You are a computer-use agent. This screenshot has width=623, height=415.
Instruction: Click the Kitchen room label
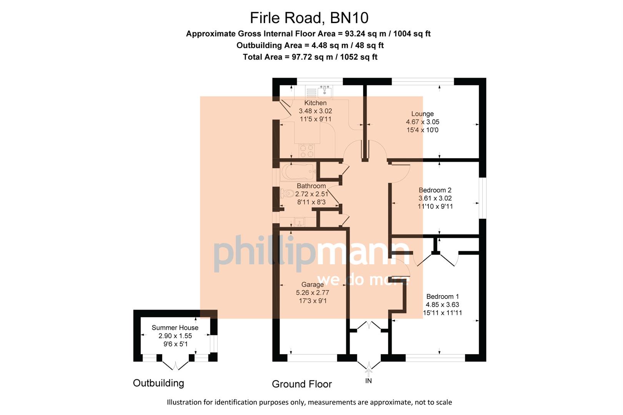(315, 103)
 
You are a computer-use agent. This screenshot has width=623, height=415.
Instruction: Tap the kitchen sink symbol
(325, 92)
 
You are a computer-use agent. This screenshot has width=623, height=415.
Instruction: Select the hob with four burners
(307, 151)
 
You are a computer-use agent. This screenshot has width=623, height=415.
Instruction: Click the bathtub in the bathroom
(298, 172)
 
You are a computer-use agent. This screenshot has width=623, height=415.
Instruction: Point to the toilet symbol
(287, 194)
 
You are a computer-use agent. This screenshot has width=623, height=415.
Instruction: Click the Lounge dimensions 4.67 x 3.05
(422, 122)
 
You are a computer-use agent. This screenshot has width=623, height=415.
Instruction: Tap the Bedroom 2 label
(435, 190)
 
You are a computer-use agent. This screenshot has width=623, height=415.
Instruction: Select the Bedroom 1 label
(442, 297)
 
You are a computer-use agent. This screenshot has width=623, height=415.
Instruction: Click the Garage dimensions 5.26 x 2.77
(312, 293)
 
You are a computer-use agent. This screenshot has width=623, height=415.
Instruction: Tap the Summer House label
(175, 328)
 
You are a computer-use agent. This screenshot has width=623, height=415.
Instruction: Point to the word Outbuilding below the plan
(158, 383)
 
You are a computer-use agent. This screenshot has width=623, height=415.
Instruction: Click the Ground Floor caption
(302, 384)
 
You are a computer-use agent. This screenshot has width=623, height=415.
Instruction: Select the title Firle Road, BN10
(309, 18)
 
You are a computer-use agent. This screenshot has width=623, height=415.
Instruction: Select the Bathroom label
(311, 186)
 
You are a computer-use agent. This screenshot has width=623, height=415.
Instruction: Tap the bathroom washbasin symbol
(299, 222)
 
